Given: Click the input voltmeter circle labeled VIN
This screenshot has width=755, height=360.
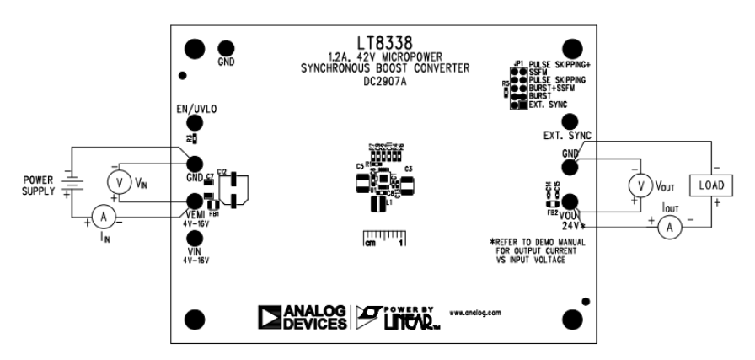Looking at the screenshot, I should click(120, 182).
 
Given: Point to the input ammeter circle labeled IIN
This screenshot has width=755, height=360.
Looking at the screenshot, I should click(104, 218).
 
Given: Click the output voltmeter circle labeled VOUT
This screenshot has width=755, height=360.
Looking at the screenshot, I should click(642, 185).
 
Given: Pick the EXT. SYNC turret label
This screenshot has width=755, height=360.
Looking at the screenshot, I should click(566, 136).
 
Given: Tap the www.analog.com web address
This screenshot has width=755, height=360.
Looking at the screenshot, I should click(476, 312).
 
